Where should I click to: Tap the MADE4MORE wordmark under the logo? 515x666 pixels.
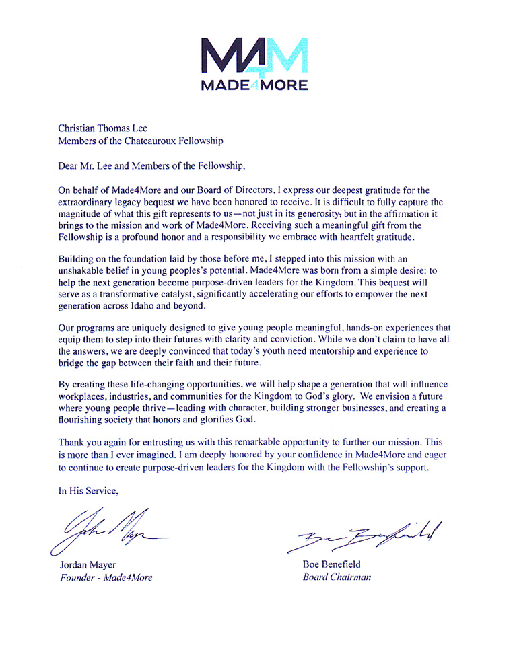tap(255, 85)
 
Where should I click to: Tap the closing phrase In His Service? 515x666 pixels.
tap(88, 491)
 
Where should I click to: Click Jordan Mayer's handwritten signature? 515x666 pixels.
tap(108, 529)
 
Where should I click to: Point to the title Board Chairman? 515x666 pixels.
tap(337, 577)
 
